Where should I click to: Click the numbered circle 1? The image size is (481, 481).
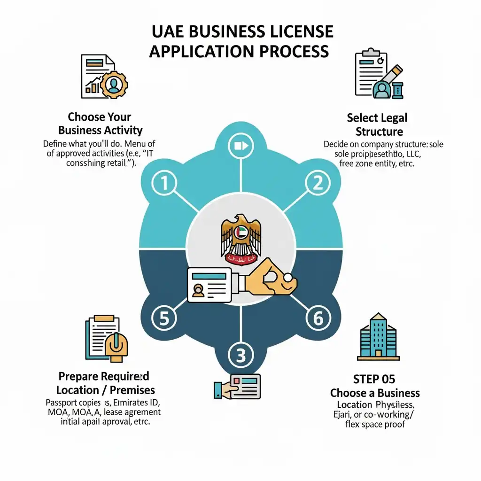tap(164, 183)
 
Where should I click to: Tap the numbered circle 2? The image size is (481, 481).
tap(315, 183)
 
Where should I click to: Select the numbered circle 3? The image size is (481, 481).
tap(240, 356)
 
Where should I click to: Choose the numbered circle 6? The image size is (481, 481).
tap(318, 318)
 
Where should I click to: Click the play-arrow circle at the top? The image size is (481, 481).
tap(240, 146)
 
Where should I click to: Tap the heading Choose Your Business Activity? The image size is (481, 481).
tap(105, 123)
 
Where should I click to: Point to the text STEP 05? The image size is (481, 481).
tap(374, 379)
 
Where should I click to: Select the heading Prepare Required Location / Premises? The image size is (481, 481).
tap(105, 383)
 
